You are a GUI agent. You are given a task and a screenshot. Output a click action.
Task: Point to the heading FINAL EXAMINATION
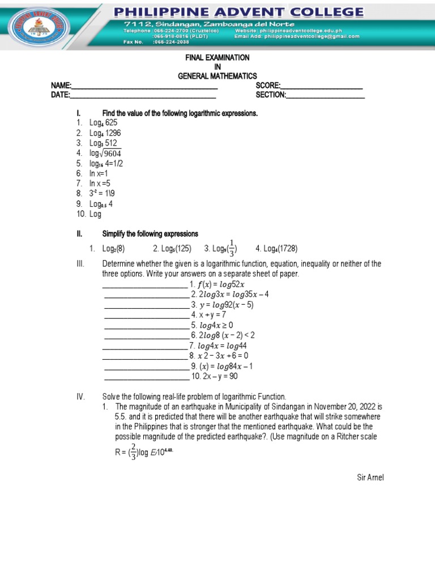(217, 58)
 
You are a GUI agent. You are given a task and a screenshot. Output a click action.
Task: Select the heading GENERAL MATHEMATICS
(217, 76)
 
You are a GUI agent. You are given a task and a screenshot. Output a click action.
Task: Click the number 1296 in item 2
(112, 133)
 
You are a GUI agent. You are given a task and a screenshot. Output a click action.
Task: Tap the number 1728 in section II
(288, 249)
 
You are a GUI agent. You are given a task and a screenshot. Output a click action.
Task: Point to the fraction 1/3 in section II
(231, 248)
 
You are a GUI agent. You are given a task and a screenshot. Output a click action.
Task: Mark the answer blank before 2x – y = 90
(146, 376)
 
